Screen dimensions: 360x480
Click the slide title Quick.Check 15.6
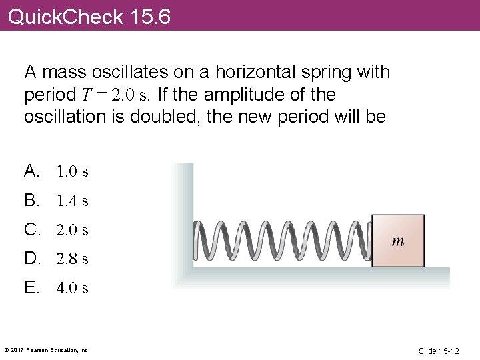click(89, 16)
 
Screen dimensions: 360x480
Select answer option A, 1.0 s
click(57, 171)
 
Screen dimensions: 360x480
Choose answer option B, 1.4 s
click(57, 200)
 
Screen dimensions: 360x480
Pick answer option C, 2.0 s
click(57, 230)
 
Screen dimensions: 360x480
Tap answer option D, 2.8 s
click(57, 258)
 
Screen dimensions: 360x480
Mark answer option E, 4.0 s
click(57, 288)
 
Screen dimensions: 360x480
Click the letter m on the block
click(397, 241)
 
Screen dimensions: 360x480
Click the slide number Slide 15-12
click(439, 351)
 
